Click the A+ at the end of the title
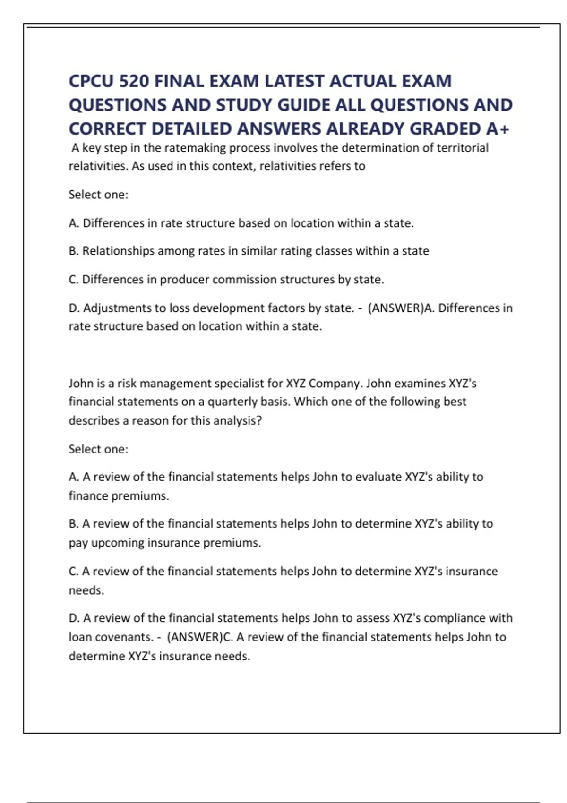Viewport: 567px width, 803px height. coord(498,128)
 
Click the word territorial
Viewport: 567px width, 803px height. coord(462,148)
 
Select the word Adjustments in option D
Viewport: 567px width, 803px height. coord(122,308)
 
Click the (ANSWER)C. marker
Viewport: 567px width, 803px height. coord(200,637)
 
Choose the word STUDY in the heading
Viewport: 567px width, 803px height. coord(244,105)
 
